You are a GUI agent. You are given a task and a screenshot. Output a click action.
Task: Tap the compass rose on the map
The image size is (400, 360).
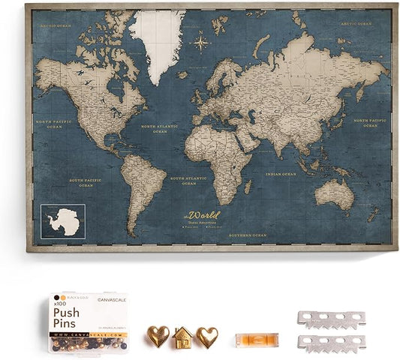click(201, 41)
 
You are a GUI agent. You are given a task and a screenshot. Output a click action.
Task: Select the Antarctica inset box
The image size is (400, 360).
click(63, 221)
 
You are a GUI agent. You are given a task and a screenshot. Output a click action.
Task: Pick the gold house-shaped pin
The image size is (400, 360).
click(181, 338)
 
